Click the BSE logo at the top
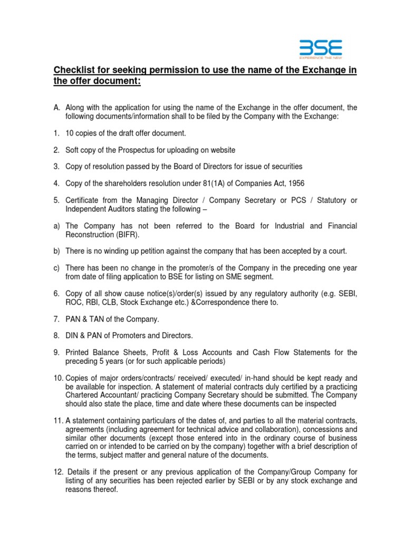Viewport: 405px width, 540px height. [x=321, y=50]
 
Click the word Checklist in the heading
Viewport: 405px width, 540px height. [x=75, y=70]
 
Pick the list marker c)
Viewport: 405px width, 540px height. [x=56, y=267]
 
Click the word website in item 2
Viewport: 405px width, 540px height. [x=223, y=150]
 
